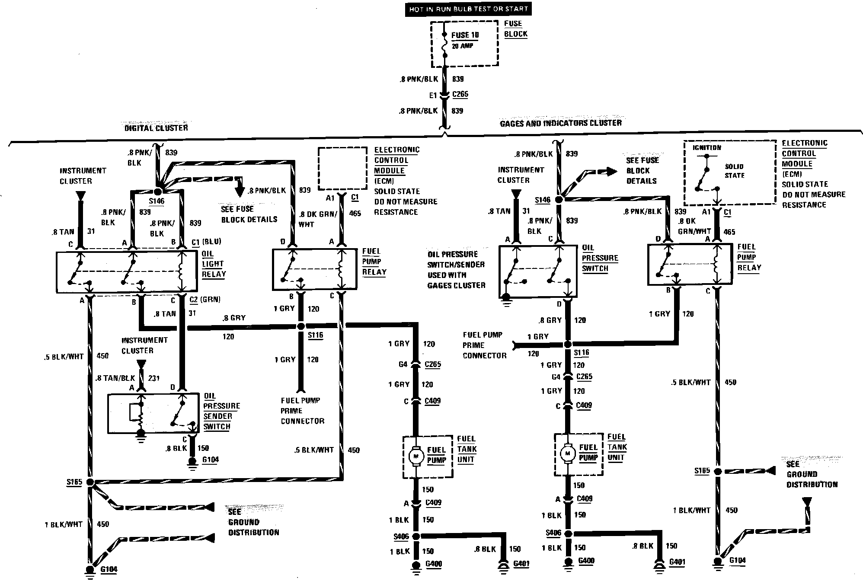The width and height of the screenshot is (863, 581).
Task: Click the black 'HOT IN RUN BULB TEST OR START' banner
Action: point(468,9)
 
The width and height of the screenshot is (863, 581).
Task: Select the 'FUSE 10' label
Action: point(465,35)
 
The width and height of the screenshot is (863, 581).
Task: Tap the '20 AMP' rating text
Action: point(463,46)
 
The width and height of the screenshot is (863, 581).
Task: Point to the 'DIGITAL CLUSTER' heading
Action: point(156,128)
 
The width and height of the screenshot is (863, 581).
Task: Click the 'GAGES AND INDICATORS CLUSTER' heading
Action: point(561,123)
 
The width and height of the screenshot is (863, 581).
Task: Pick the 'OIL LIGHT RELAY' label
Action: point(214,264)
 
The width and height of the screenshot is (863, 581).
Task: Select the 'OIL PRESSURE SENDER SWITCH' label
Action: point(221,411)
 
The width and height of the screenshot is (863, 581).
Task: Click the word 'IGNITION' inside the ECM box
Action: point(706,148)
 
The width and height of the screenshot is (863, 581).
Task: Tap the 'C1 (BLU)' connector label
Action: point(206,242)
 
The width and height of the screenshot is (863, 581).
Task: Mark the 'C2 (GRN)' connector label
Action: point(205,300)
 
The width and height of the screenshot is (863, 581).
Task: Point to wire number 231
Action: point(154,378)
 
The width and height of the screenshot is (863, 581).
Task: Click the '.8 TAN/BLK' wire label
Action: point(115,378)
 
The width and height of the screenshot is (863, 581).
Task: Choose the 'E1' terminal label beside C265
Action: point(433,96)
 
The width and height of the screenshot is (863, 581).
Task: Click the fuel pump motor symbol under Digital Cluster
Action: point(417,456)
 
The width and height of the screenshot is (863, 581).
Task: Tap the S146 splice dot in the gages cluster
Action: point(559,200)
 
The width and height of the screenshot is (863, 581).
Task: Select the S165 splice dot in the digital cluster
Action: point(90,482)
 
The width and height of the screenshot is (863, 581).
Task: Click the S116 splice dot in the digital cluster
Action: point(301,326)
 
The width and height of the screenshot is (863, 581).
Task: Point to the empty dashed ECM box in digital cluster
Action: point(342,168)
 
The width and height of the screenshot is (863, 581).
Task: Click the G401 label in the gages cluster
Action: point(677,562)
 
